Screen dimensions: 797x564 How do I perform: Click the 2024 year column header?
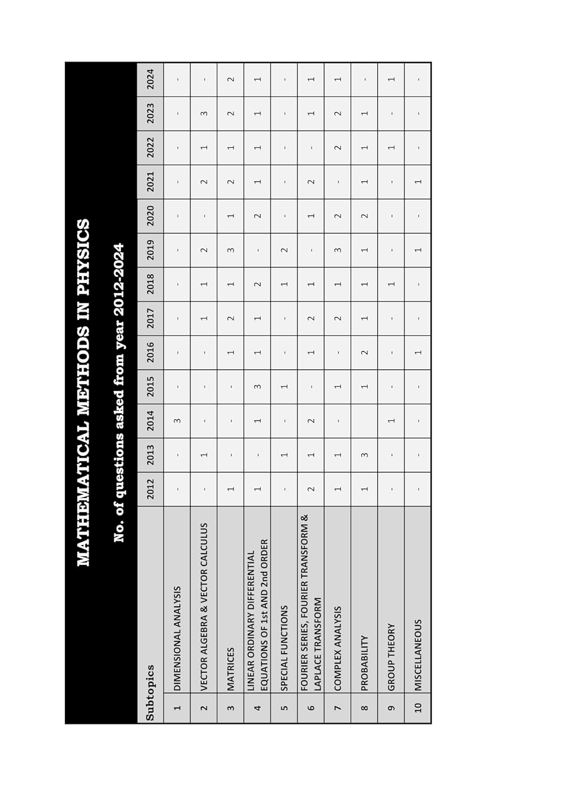point(150,79)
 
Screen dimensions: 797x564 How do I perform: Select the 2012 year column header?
point(150,489)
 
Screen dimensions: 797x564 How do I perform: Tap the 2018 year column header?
point(150,284)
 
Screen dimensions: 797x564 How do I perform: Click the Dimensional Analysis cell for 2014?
point(177,421)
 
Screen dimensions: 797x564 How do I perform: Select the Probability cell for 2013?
point(364,455)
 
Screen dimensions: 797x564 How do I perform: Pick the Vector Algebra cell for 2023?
point(204,113)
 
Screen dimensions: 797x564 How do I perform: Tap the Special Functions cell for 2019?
point(284,250)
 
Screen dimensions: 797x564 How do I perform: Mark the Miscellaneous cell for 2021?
point(418,182)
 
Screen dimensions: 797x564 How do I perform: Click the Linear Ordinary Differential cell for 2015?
point(257,386)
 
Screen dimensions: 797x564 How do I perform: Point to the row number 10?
point(418,707)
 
